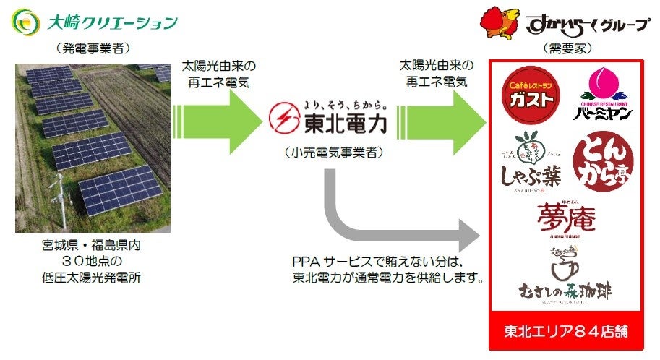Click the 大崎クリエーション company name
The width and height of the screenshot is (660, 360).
(x=111, y=22)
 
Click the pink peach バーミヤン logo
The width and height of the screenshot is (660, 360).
(x=604, y=95)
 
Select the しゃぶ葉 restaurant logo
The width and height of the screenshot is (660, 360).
(x=531, y=160)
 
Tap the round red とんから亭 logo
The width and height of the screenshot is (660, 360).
(x=603, y=160)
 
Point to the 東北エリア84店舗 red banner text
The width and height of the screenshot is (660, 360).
(x=566, y=332)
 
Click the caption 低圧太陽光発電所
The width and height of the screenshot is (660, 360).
(x=88, y=277)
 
